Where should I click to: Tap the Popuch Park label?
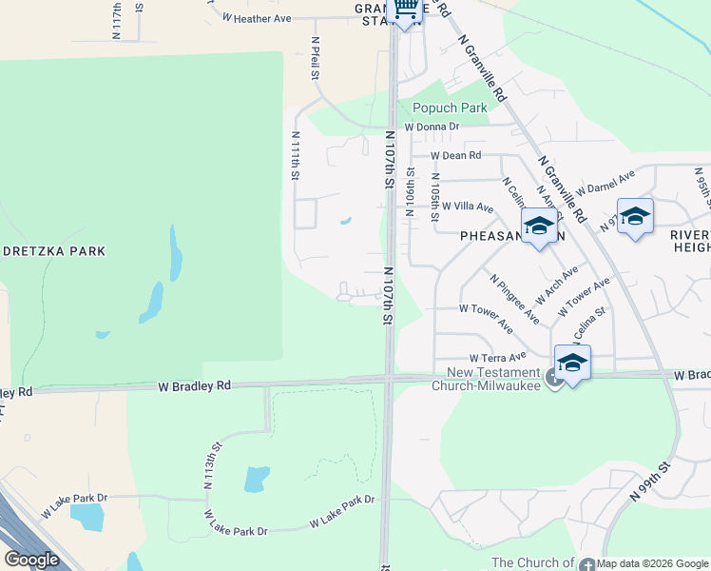coord(450,108)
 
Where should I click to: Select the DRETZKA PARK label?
coord(66,251)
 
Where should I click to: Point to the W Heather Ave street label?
coord(257,18)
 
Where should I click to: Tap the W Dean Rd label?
coord(455,155)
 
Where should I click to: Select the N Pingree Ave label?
coord(515,298)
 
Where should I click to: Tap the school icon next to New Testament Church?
coord(572,364)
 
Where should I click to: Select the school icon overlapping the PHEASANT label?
coord(539,227)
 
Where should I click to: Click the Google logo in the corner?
coord(31,560)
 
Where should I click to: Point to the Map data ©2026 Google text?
coord(653,563)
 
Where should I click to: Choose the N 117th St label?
coord(117,20)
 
